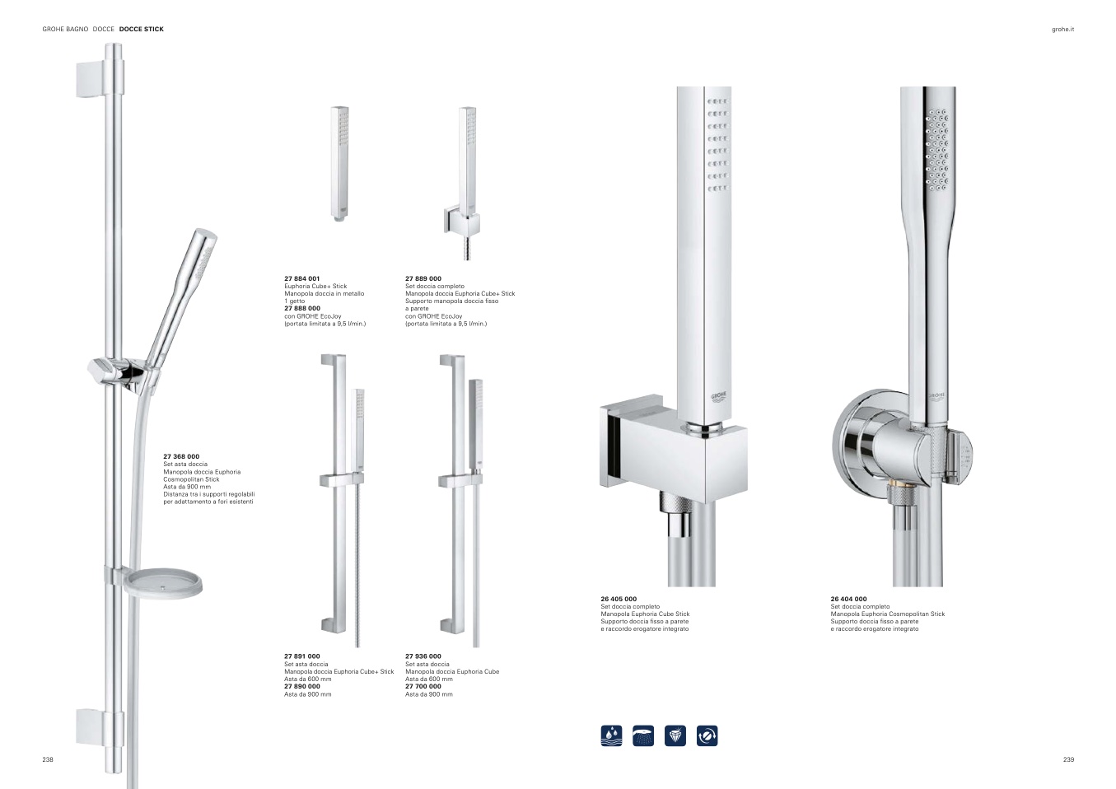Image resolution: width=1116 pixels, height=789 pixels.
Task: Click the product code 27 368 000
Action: click(181, 456)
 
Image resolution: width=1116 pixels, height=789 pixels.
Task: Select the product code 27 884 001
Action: click(302, 278)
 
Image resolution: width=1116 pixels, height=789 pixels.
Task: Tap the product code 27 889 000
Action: click(423, 278)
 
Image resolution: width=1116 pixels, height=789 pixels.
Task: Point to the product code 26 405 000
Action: click(619, 599)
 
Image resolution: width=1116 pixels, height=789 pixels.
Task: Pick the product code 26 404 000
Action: click(848, 599)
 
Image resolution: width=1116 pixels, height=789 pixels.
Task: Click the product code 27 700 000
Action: click(423, 686)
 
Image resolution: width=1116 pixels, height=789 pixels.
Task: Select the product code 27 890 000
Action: click(302, 686)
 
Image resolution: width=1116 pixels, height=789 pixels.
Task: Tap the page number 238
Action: click(48, 759)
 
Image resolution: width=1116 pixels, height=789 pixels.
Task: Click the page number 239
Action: click(1069, 759)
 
